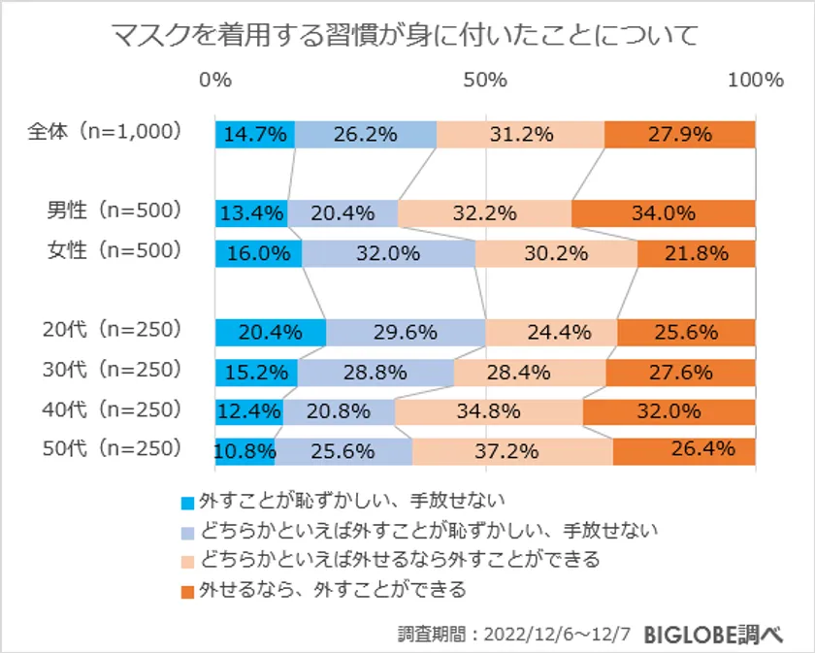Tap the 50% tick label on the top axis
[x=485, y=81]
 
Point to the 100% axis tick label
[x=754, y=81]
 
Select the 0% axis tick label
[x=215, y=81]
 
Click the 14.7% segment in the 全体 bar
[x=255, y=135]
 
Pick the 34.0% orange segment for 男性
[x=664, y=213]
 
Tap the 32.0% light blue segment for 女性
[x=388, y=253]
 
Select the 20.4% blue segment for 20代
[x=271, y=332]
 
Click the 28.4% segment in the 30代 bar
[x=530, y=372]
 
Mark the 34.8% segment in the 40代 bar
[x=489, y=411]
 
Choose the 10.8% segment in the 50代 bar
[x=244, y=451]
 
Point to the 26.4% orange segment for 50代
[x=684, y=451]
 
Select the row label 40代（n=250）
[x=113, y=408]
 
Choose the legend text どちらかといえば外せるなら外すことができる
[x=399, y=560]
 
